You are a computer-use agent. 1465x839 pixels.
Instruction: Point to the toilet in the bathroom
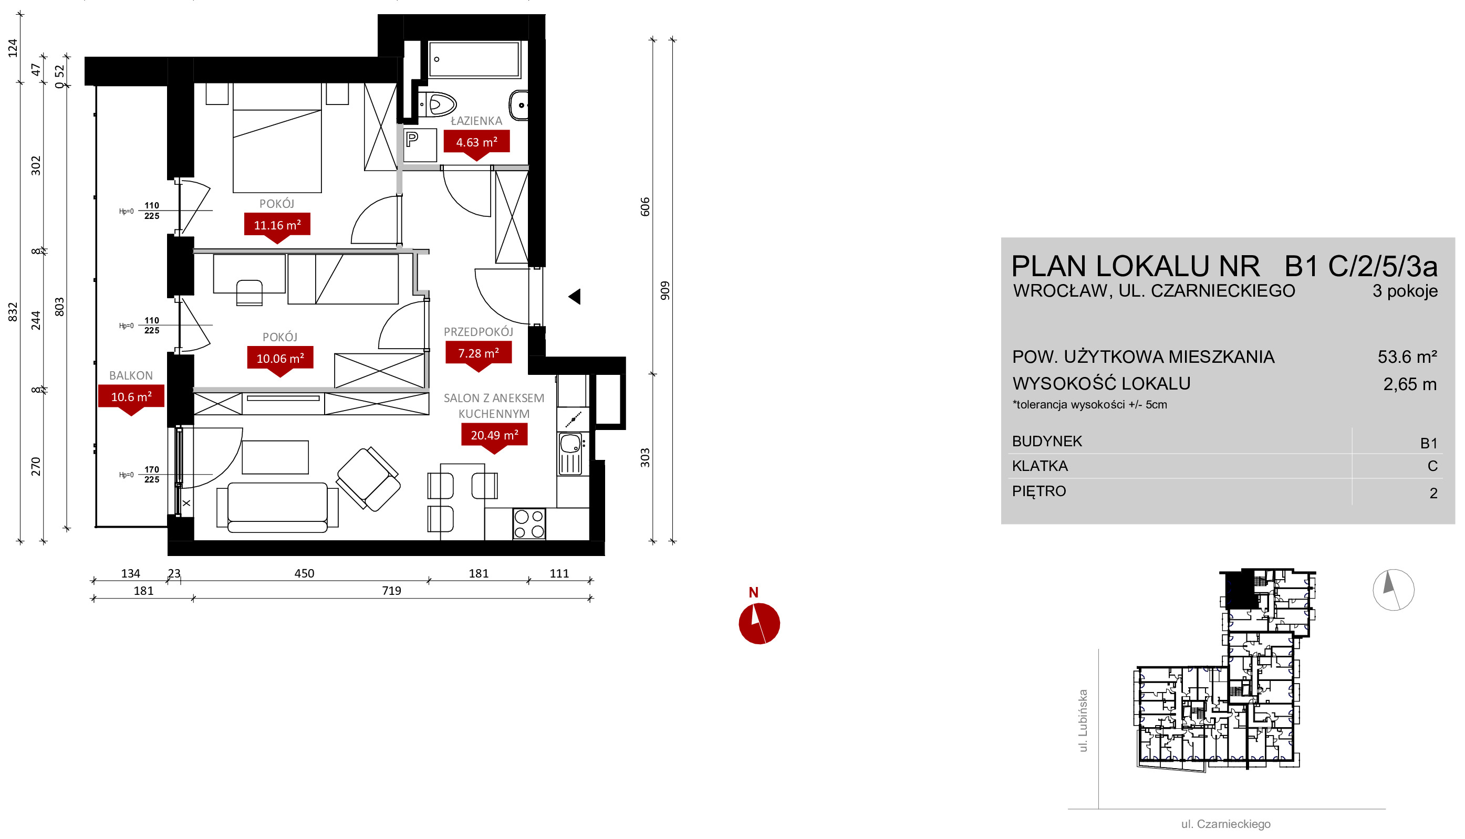pyautogui.click(x=438, y=105)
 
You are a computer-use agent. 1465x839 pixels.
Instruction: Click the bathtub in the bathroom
pyautogui.click(x=474, y=59)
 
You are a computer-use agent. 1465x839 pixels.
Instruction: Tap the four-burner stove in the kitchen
pyautogui.click(x=529, y=524)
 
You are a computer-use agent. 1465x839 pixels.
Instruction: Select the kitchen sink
pyautogui.click(x=570, y=454)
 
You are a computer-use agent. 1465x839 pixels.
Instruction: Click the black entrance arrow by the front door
pyautogui.click(x=575, y=297)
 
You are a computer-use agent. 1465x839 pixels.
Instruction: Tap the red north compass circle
pyautogui.click(x=759, y=624)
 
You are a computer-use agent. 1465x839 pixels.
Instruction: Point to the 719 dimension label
pyautogui.click(x=391, y=591)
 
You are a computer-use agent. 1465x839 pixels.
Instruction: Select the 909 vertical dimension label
pyautogui.click(x=665, y=290)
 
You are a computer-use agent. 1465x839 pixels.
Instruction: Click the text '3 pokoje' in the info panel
pyautogui.click(x=1405, y=291)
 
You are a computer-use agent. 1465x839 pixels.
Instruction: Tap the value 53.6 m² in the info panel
pyautogui.click(x=1407, y=356)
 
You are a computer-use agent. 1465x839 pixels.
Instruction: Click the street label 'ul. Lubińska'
pyautogui.click(x=1083, y=721)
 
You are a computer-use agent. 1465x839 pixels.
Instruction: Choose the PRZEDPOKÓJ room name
pyautogui.click(x=479, y=332)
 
